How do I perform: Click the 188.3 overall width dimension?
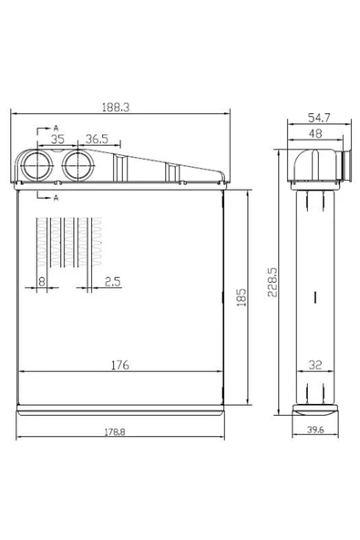click(116, 108)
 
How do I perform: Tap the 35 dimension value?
click(57, 140)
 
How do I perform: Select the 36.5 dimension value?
click(97, 140)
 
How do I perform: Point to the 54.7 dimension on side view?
click(319, 118)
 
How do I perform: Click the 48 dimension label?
click(315, 133)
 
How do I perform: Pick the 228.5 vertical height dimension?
click(273, 283)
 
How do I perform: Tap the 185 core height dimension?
click(242, 297)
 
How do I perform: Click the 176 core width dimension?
click(120, 365)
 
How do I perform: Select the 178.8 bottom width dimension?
click(115, 431)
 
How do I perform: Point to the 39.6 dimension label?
click(315, 430)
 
